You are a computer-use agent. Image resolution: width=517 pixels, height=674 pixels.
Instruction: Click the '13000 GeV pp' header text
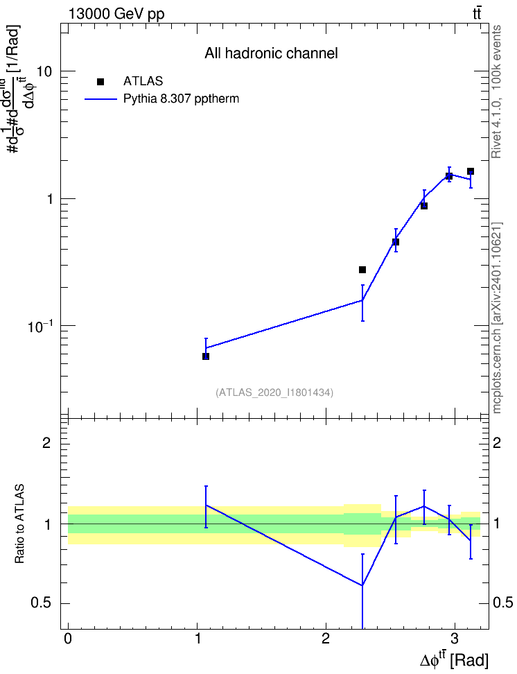point(116,14)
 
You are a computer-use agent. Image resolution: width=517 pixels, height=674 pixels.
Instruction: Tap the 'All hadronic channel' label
point(271,53)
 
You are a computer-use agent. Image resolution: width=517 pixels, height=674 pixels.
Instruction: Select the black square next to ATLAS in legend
point(100,82)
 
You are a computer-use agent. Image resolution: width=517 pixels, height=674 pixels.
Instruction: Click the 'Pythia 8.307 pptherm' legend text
point(181,99)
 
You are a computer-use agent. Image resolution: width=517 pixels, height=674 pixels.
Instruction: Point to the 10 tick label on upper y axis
point(44,71)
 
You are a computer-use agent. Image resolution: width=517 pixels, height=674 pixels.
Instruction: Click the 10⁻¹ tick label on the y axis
point(40,326)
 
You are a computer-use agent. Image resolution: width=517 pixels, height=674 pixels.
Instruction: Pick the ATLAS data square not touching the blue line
point(362,270)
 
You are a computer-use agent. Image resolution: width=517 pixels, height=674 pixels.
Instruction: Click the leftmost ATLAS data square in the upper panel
point(206,356)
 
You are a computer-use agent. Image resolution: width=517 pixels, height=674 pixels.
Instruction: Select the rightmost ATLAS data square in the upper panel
point(471,171)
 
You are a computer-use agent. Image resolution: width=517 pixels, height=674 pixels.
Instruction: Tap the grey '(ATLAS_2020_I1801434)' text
point(274,392)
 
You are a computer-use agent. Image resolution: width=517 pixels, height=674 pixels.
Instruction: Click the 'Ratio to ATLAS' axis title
point(19,524)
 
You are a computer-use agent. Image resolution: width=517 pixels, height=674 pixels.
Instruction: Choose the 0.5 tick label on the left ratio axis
point(42,603)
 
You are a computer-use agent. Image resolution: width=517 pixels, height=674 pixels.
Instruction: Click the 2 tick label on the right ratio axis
point(496,442)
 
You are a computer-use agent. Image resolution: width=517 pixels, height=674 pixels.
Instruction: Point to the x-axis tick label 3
point(454,639)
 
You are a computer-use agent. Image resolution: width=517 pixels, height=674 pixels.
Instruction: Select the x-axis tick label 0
point(68,639)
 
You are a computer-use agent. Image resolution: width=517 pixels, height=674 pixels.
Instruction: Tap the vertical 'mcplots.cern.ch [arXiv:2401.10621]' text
point(497,318)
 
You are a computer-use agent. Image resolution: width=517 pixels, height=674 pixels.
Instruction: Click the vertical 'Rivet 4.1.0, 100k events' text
point(496,92)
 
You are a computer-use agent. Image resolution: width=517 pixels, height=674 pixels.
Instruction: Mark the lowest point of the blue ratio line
point(362,585)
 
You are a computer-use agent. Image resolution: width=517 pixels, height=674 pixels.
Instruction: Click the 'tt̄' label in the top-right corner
point(477,14)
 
